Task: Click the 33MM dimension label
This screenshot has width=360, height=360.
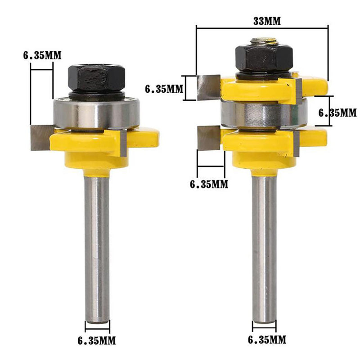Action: click(267, 21)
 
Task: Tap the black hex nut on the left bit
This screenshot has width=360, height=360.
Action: click(97, 78)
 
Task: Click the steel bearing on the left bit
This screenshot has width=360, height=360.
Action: click(96, 113)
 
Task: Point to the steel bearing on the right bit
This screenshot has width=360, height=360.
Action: click(264, 113)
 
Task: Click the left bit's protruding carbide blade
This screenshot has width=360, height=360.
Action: click(42, 138)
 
